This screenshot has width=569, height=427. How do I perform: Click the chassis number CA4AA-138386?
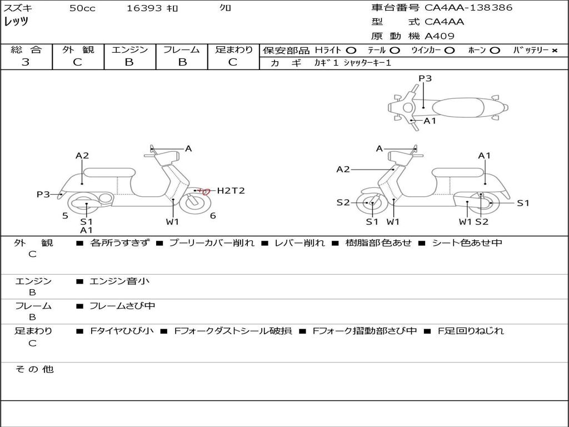coord(468,8)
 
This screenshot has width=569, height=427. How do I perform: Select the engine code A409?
coord(440,36)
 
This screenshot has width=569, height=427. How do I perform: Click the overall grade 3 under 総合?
coord(26,62)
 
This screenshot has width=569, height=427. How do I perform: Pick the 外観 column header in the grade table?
coord(78,49)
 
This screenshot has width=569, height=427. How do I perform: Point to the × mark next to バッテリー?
coord(555,51)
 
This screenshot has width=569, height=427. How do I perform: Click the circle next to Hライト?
coord(351,51)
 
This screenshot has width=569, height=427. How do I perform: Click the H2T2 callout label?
coord(231,191)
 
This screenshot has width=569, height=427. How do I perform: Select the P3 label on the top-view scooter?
coord(425,78)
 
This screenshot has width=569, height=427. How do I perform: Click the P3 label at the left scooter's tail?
coord(43,195)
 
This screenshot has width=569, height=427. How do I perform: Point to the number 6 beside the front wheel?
coord(213,216)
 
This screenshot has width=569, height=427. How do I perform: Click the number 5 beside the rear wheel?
coord(66,216)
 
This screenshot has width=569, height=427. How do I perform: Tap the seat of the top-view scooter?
coord(458,108)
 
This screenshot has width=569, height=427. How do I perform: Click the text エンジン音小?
coord(119,281)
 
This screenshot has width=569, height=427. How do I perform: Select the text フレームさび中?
coord(122,306)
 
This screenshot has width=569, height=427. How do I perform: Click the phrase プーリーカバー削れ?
coord(212,243)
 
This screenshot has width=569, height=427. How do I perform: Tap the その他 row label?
coord(34,369)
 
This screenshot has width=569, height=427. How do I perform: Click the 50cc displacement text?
coord(82,8)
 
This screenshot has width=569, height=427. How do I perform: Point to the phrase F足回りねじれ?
coord(471,331)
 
